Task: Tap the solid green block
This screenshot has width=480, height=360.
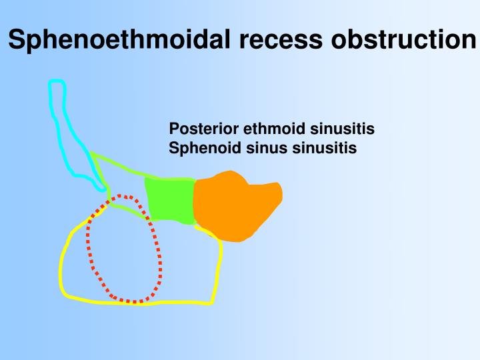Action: pyautogui.click(x=170, y=199)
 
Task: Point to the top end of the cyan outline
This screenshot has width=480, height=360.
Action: pyautogui.click(x=57, y=82)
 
